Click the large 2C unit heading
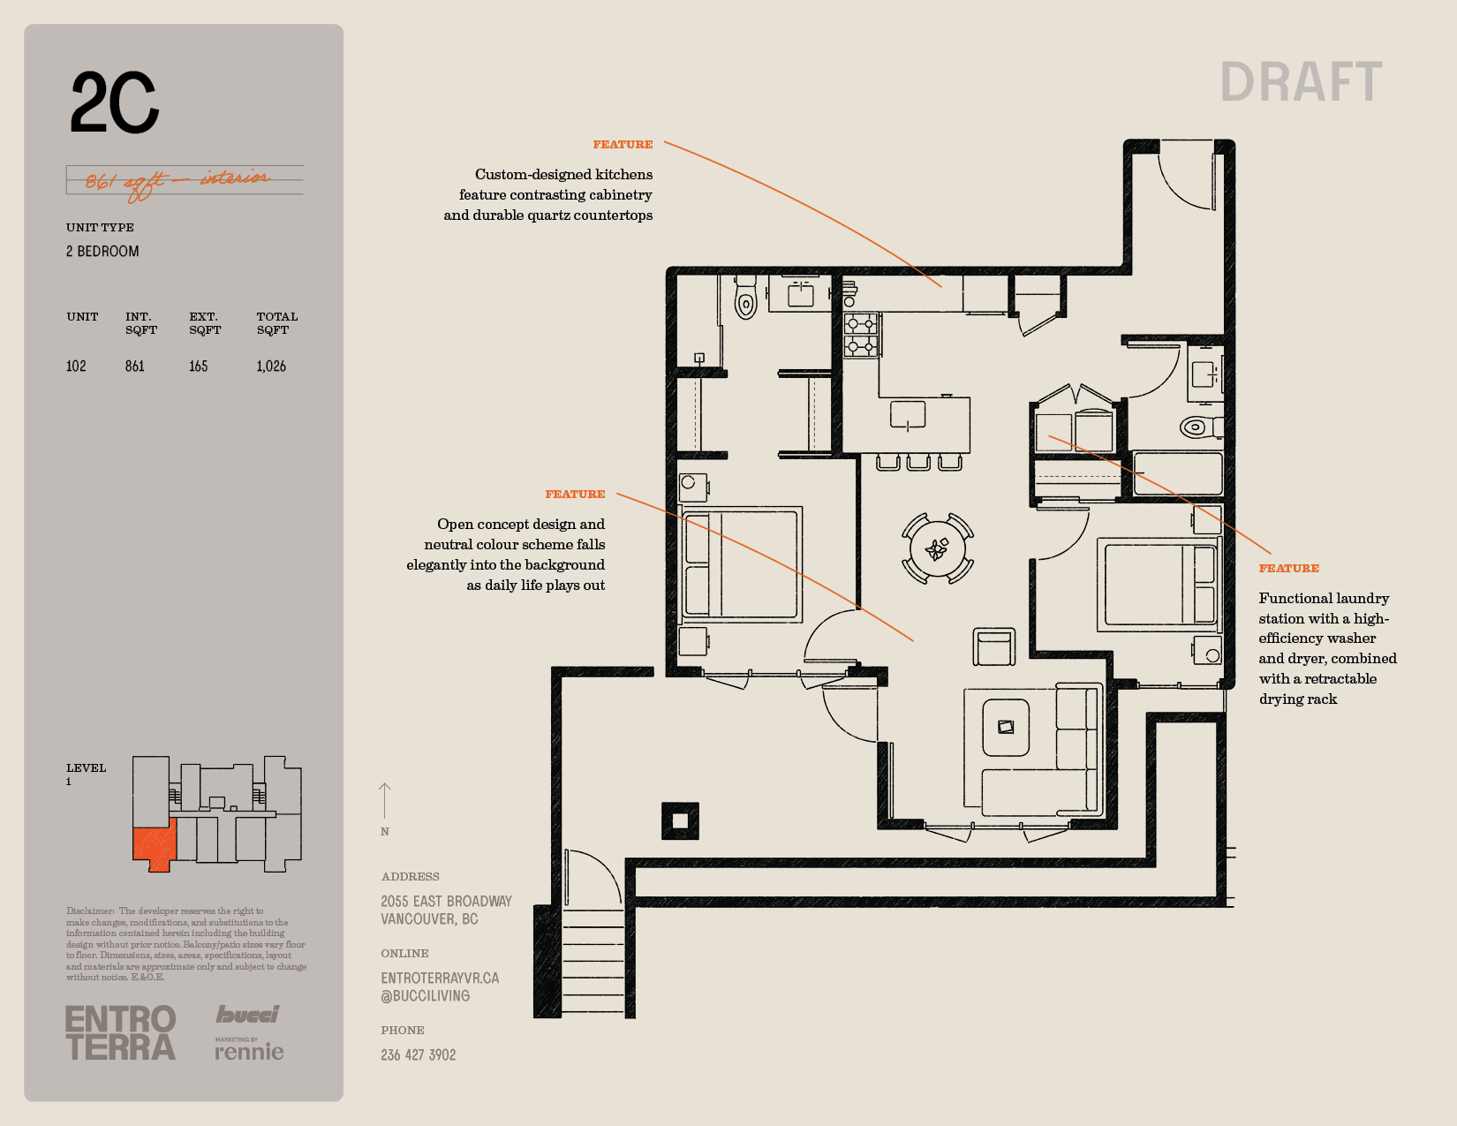click(114, 102)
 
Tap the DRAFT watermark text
click(1301, 82)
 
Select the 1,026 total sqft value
click(271, 367)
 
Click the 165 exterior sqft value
click(199, 367)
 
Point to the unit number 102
click(76, 367)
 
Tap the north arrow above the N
click(384, 801)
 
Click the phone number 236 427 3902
click(419, 1055)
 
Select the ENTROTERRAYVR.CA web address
click(440, 979)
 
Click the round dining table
click(938, 548)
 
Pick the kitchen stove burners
click(861, 336)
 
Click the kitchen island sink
click(908, 414)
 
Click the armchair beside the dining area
click(993, 646)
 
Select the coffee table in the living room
click(1006, 728)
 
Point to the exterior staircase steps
click(593, 962)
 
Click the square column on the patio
click(680, 820)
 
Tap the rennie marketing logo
click(249, 1049)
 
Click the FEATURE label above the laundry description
click(1288, 569)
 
